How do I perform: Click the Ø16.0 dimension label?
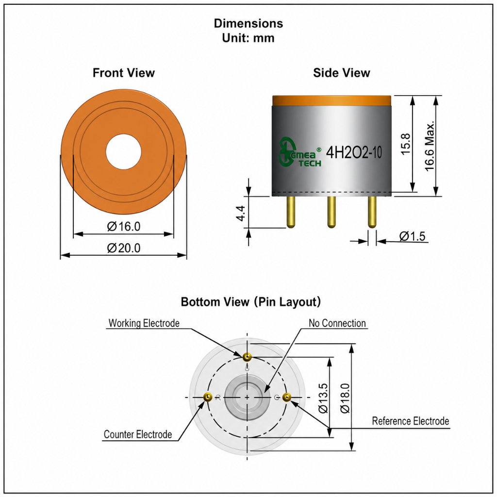coord(124,226)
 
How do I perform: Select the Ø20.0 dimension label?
coord(124,248)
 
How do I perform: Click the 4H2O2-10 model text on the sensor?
coord(354,153)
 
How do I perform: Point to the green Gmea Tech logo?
coord(299,153)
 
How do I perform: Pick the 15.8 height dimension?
coord(406,144)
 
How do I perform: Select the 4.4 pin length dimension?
coord(241,213)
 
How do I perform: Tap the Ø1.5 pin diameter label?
coord(412,236)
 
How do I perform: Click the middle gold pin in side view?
coord(331,212)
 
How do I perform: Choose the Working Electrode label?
coord(144,323)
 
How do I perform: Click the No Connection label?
coord(337,323)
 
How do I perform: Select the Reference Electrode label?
coord(411,421)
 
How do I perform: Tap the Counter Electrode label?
coord(138,434)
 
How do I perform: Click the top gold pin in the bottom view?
coord(247,358)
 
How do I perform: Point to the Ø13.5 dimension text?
coord(323,398)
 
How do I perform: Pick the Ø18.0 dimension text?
coord(345,398)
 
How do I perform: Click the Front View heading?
coord(124,73)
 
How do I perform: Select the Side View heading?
coord(341,73)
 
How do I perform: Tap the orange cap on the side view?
coord(331,100)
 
